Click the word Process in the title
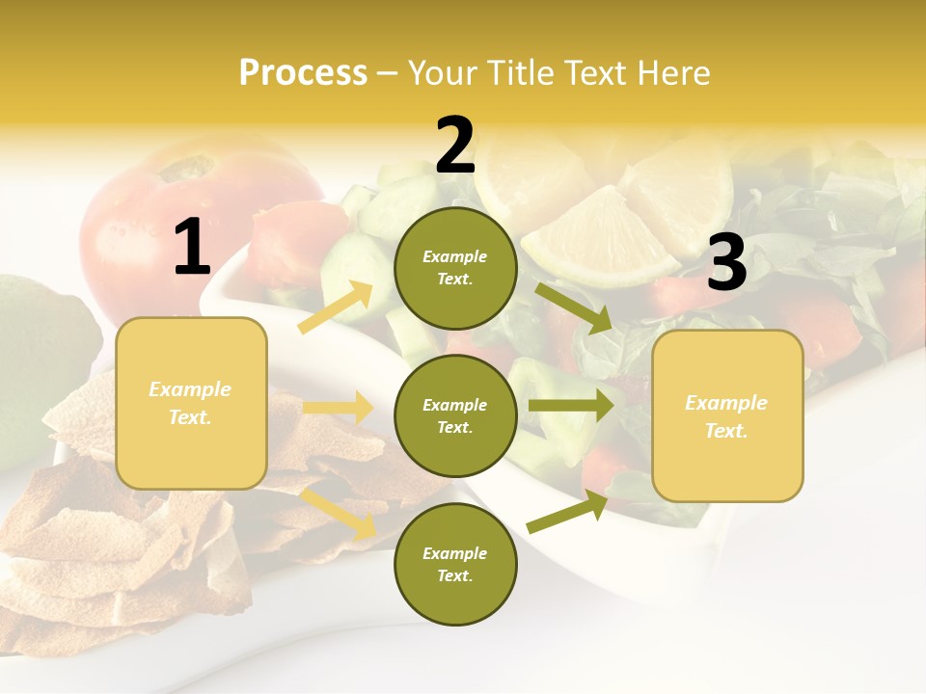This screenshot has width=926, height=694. tap(303, 72)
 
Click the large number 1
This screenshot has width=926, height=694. tap(192, 248)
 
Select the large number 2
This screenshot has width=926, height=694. tap(455, 146)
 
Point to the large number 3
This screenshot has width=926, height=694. tap(726, 262)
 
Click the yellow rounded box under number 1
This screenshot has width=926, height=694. tap(191, 403)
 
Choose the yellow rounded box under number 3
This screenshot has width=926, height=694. tap(727, 415)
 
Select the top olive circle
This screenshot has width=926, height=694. tap(455, 268)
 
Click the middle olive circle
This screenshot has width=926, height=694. tap(455, 415)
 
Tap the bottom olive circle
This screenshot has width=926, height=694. tap(455, 564)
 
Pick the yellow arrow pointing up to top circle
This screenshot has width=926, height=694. tap(337, 307)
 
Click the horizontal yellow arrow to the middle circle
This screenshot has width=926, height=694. tap(338, 408)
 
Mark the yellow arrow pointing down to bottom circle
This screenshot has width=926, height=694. tap(339, 512)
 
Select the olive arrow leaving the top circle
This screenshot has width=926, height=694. tap(574, 307)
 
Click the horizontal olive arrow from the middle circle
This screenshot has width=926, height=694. tap(570, 406)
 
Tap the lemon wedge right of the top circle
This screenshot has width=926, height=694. tap(598, 236)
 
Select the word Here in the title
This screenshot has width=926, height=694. tap(674, 72)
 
